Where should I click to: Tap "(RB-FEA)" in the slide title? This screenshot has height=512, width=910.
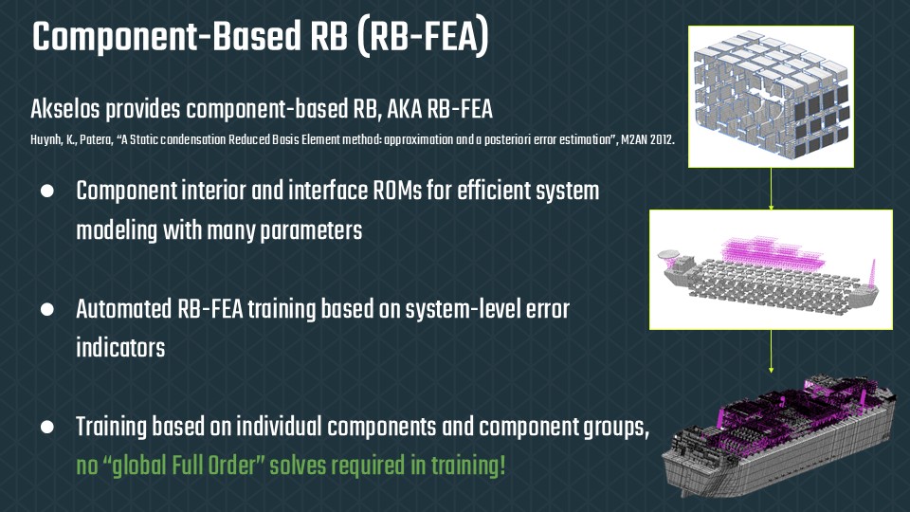[428, 39]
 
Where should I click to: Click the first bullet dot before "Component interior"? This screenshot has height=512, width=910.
[45, 192]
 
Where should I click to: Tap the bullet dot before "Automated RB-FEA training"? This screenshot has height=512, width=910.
[45, 310]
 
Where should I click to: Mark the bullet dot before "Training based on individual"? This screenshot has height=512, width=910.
[45, 428]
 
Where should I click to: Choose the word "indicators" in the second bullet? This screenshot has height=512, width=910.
[120, 348]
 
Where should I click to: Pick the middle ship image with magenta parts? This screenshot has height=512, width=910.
[771, 268]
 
